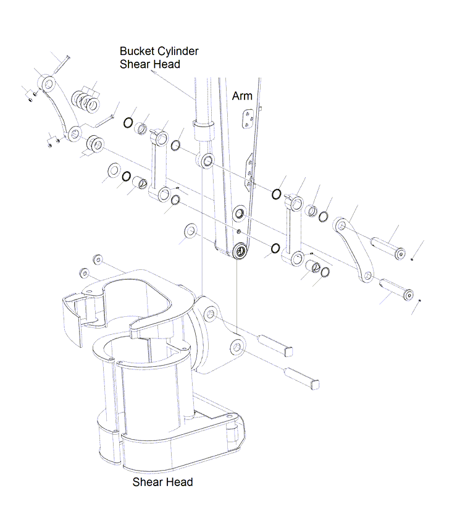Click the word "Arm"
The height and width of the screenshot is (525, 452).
[x=242, y=96]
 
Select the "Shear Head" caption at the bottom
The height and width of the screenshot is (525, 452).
[x=162, y=482]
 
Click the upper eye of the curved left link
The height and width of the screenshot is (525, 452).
[x=47, y=82]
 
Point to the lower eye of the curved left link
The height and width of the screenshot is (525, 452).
[x=74, y=132]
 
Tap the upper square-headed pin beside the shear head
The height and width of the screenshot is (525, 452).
[x=277, y=345]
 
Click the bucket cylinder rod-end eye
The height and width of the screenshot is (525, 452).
[x=206, y=162]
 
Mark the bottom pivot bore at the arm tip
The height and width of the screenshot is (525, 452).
[x=240, y=251]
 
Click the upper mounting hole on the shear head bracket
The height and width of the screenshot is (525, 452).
[x=211, y=314]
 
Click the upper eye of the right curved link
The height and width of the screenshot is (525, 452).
[x=340, y=224]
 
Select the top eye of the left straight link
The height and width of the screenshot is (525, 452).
[x=161, y=135]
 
